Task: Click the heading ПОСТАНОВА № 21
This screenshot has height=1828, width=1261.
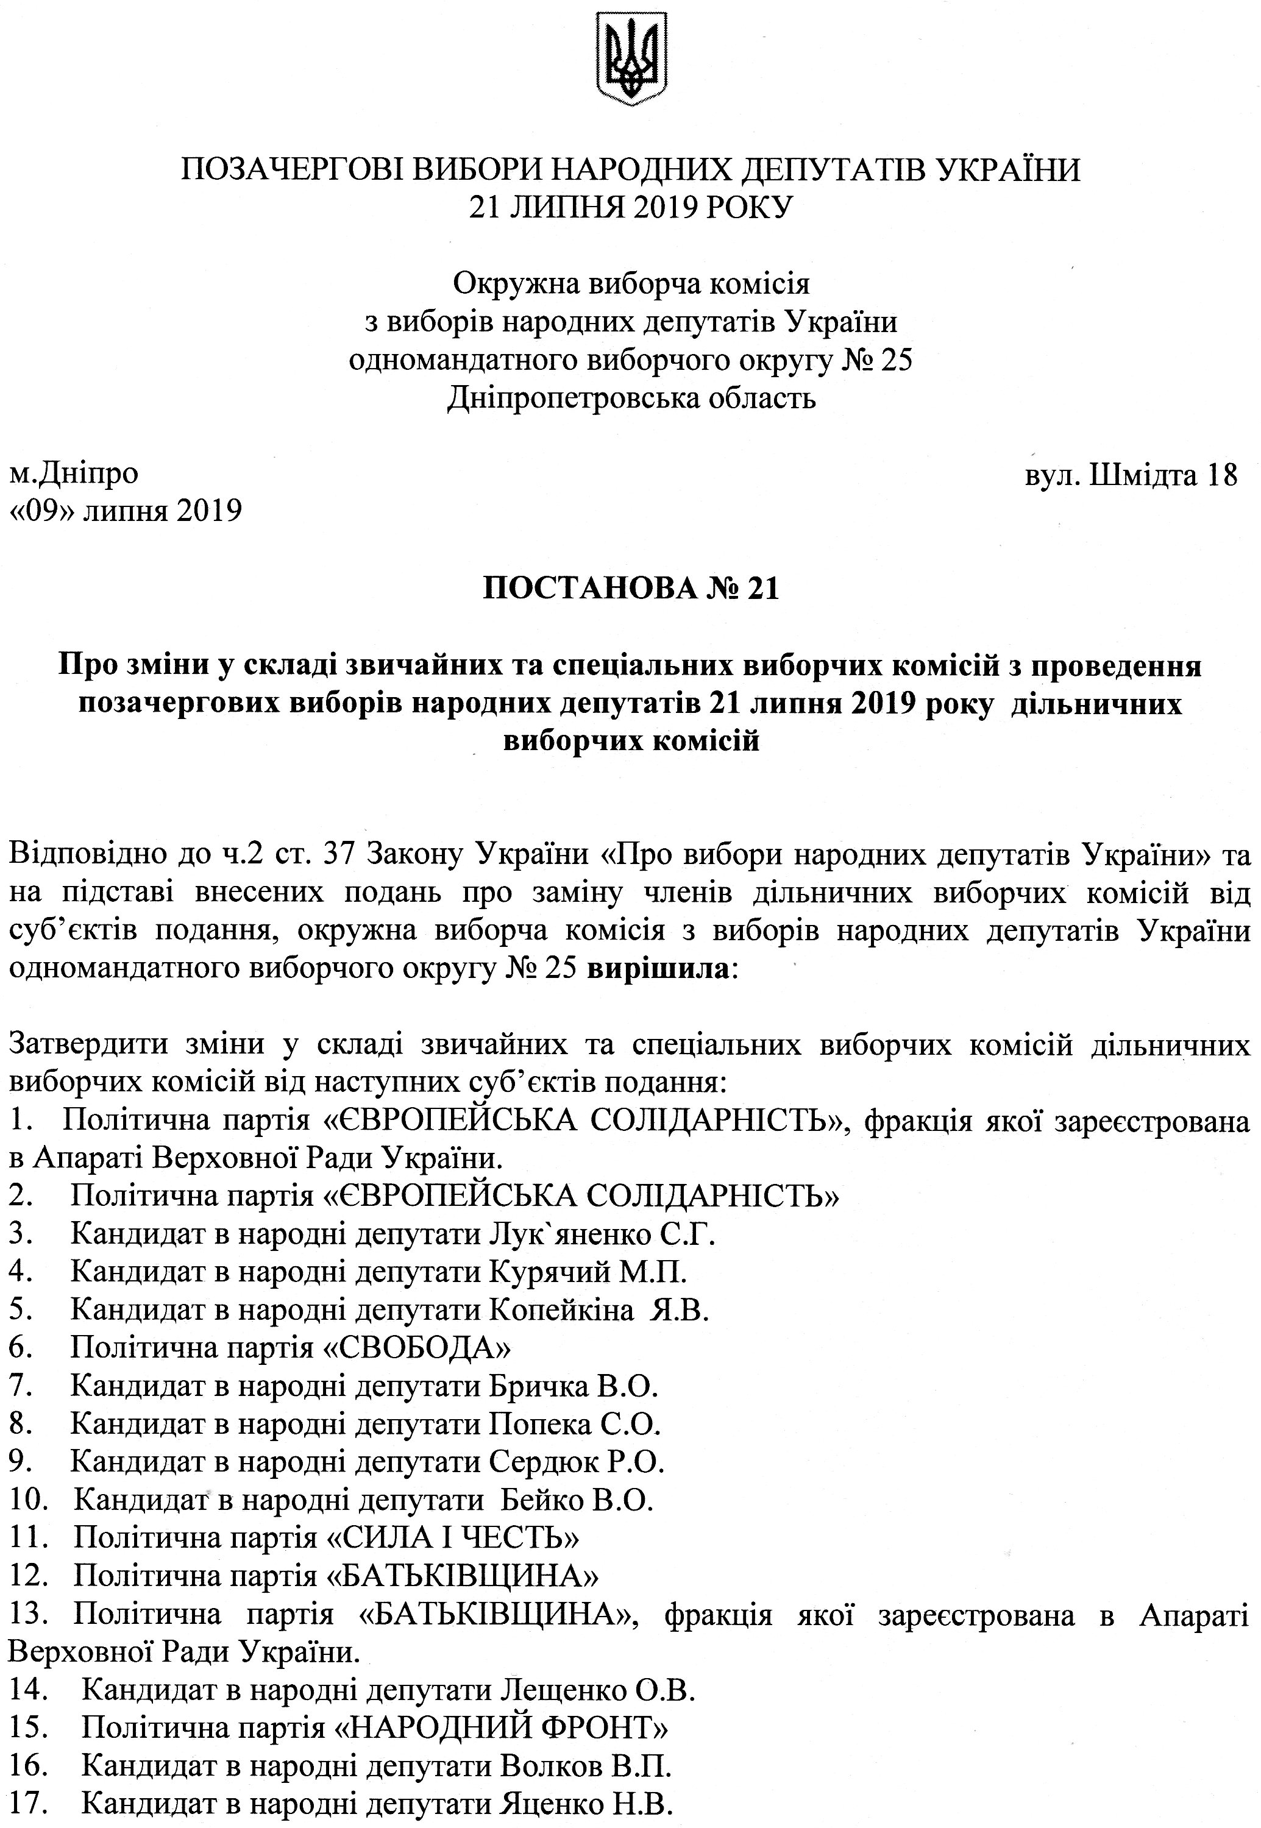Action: point(630,589)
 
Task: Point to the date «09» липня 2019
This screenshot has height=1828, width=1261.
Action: point(124,511)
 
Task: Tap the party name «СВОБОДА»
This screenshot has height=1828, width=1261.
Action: point(418,1347)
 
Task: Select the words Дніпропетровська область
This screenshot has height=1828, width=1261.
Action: point(630,397)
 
